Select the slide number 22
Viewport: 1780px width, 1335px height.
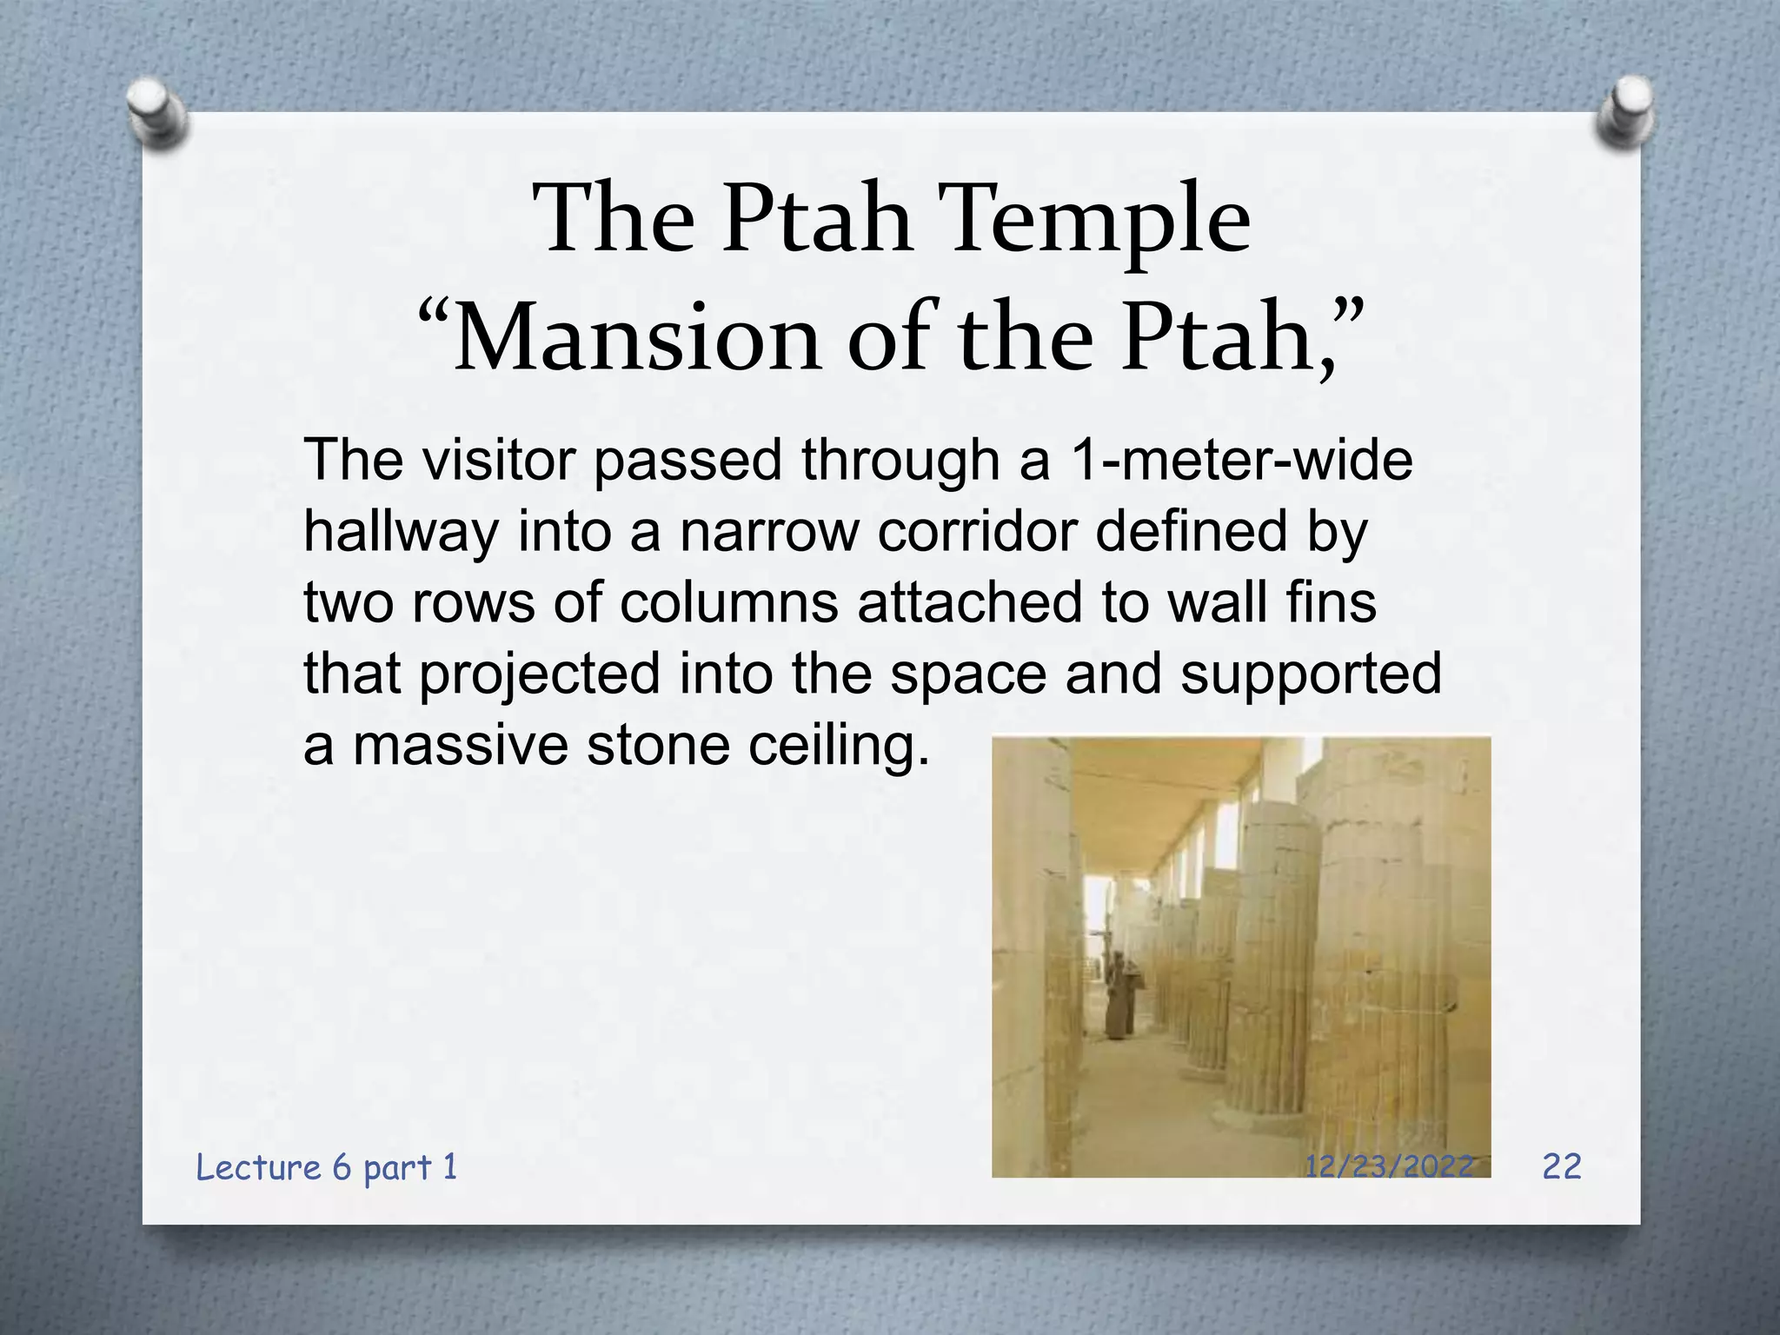point(1562,1166)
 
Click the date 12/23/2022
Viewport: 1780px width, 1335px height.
point(1389,1166)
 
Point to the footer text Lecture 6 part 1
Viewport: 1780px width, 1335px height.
point(327,1167)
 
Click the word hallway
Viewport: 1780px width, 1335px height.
point(401,532)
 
